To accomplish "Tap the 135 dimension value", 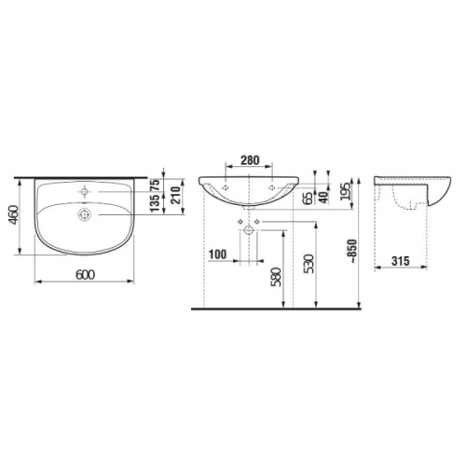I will point(156,204).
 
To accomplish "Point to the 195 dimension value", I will point(347,190).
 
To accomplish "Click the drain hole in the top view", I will point(85,214).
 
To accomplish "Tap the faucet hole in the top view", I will point(85,188).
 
